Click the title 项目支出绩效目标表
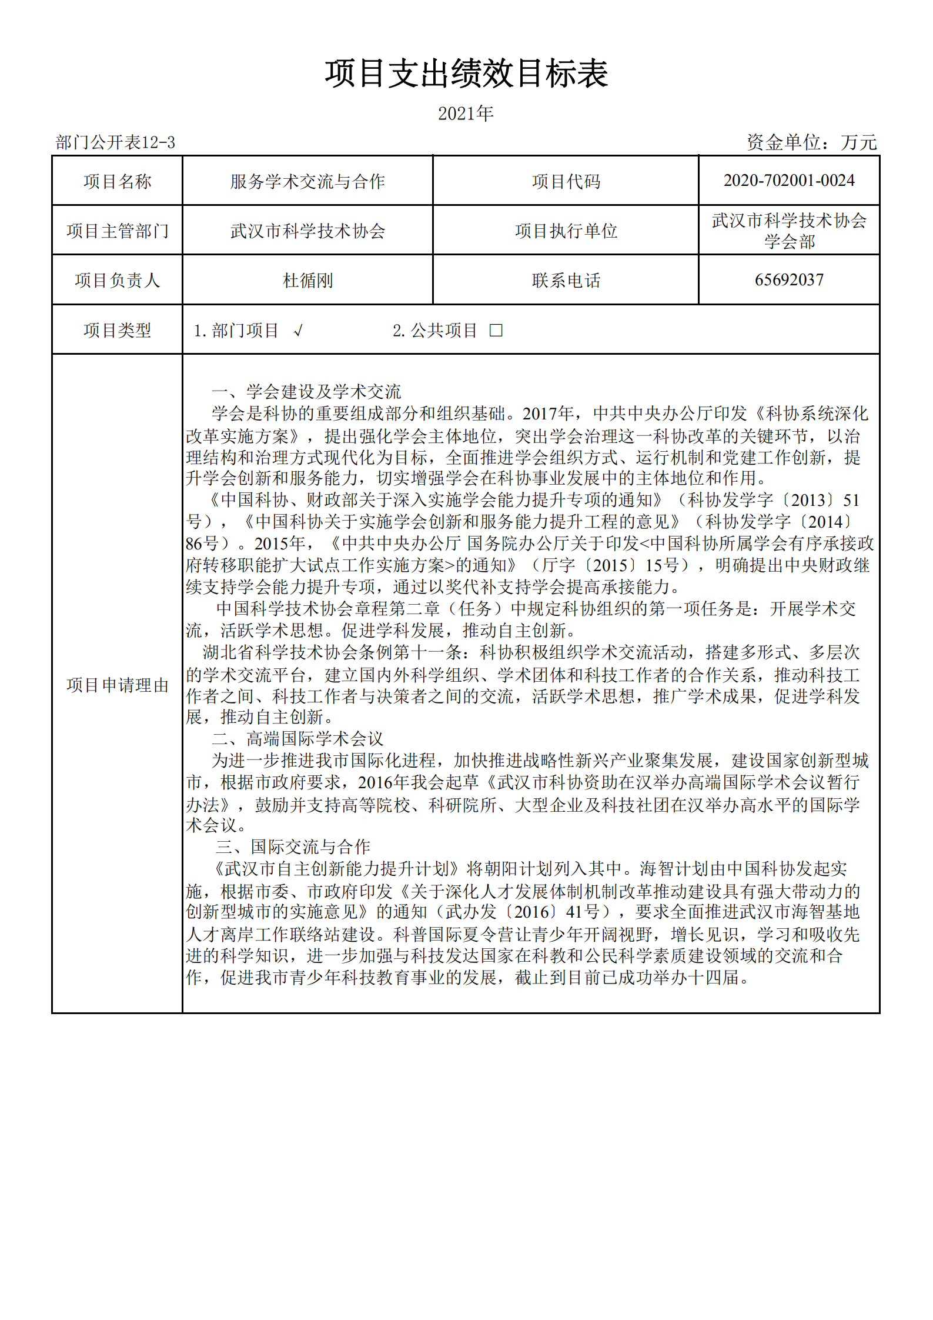[x=466, y=74]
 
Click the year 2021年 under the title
[x=466, y=114]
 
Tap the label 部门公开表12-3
[x=115, y=142]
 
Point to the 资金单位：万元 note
[x=811, y=142]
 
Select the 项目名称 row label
[x=118, y=181]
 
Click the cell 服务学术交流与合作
[x=307, y=181]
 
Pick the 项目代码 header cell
[x=566, y=181]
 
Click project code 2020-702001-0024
[x=789, y=181]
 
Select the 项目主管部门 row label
[x=118, y=231]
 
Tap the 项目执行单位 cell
[x=566, y=231]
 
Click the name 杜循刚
[x=307, y=281]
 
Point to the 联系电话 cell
[x=566, y=281]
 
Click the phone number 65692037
[x=789, y=280]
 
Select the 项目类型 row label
[x=118, y=330]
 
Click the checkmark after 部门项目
[x=298, y=331]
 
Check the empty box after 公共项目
[x=496, y=331]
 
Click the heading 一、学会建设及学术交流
[x=306, y=392]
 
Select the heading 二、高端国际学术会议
[x=297, y=739]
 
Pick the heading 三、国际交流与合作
[x=293, y=847]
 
